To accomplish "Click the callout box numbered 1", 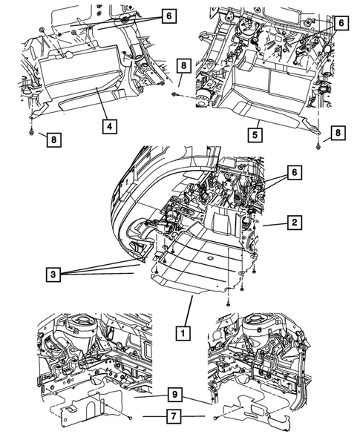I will click(x=181, y=333).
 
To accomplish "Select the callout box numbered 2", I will click(x=295, y=221).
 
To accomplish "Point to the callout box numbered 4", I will click(x=109, y=127).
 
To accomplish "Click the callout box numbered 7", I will click(x=172, y=417).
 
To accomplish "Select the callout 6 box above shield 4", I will click(x=168, y=14).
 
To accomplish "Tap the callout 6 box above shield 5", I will click(x=341, y=23).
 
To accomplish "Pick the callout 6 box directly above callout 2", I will click(x=295, y=171).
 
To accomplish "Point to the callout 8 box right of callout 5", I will click(x=338, y=131).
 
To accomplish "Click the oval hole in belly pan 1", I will click(x=210, y=257).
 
